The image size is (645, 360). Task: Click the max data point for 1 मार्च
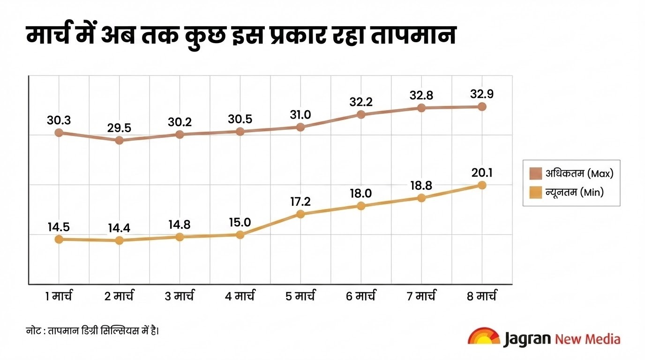click(59, 133)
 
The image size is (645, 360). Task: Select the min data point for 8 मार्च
click(481, 185)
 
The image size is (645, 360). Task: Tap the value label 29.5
click(119, 128)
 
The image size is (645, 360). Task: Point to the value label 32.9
click(481, 94)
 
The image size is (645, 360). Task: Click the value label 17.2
click(300, 202)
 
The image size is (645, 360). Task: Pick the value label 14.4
click(119, 228)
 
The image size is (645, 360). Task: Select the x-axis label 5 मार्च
click(300, 296)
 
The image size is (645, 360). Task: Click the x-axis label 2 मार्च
click(119, 296)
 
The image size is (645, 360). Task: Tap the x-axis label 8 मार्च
click(481, 296)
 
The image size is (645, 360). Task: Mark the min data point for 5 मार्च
click(300, 214)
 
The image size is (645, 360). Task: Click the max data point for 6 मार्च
click(361, 114)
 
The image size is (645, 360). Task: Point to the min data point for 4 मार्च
click(240, 235)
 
